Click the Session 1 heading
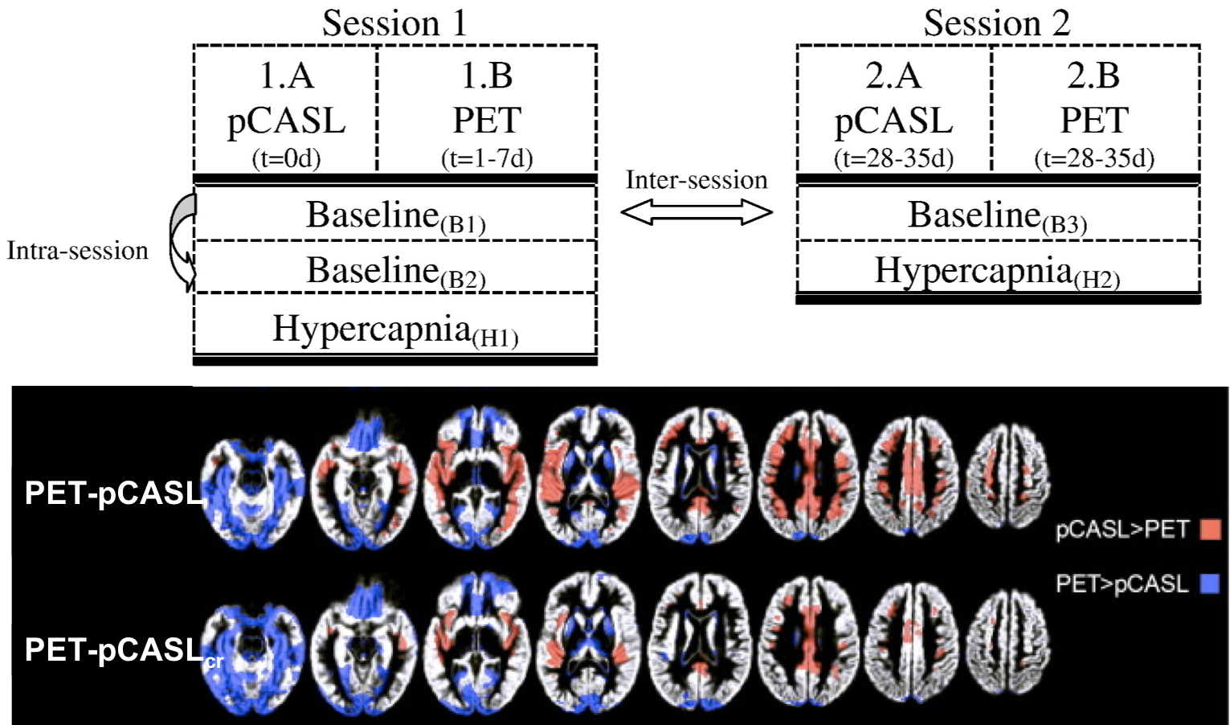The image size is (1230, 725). click(x=394, y=23)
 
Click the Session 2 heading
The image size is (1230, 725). click(x=996, y=23)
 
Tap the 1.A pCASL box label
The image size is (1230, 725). click(x=286, y=99)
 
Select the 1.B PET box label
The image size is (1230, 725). click(x=487, y=99)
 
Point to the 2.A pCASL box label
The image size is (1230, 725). click(x=893, y=99)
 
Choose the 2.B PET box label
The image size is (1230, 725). click(x=1094, y=99)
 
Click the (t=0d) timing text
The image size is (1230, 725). click(x=286, y=158)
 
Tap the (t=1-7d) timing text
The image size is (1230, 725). click(x=487, y=158)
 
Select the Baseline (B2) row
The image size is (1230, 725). click(x=395, y=271)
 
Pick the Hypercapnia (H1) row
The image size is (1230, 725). click(x=395, y=330)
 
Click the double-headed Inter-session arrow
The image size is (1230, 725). click(x=697, y=212)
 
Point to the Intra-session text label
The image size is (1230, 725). click(x=78, y=251)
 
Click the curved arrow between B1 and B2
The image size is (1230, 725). click(x=182, y=241)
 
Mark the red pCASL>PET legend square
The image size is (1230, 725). click(x=1210, y=529)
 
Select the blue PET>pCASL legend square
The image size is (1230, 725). click(x=1210, y=584)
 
